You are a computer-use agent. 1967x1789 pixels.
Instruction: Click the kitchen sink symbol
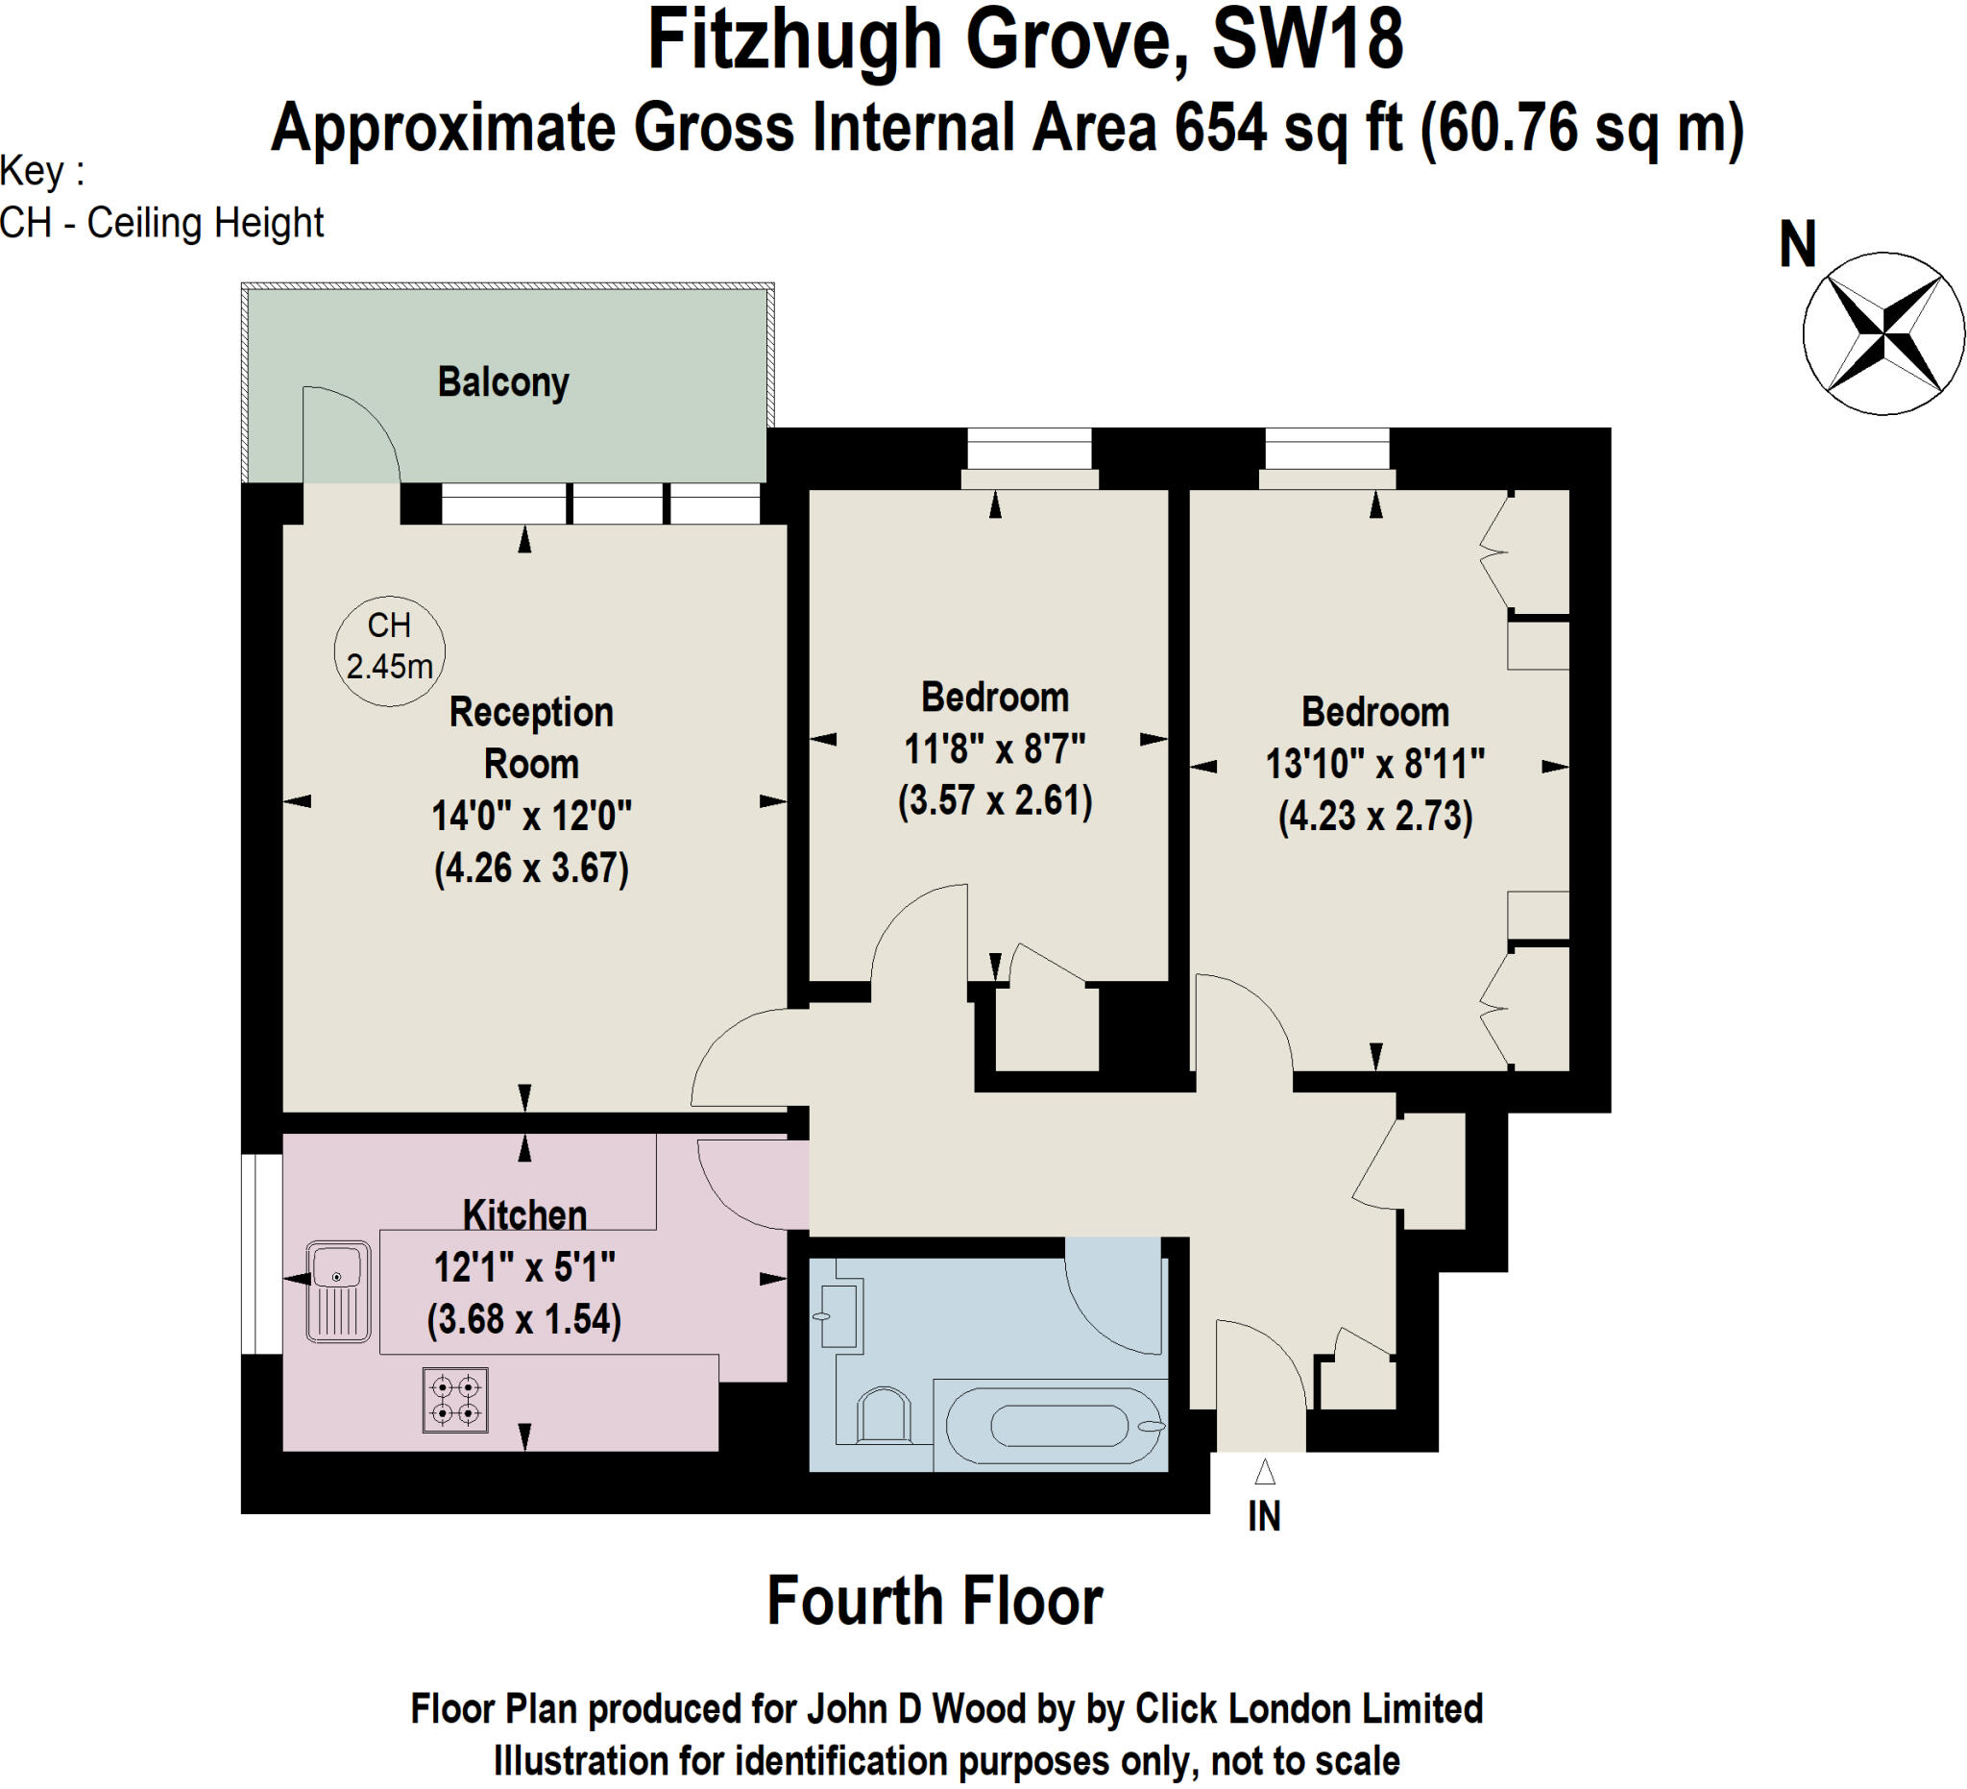[337, 1291]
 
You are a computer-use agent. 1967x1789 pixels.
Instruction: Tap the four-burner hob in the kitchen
[454, 1401]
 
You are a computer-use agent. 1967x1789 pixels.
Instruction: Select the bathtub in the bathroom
[1059, 1426]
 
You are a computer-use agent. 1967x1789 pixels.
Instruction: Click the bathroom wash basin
[839, 1315]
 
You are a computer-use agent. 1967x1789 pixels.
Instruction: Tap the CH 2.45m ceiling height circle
[389, 650]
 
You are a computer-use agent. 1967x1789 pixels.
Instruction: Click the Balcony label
[502, 381]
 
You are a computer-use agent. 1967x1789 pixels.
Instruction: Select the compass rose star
[1882, 333]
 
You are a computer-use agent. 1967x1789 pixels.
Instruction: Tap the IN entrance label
[1264, 1516]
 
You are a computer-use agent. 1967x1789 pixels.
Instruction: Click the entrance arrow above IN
[1265, 1471]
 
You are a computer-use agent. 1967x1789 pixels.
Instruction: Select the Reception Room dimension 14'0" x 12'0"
[531, 815]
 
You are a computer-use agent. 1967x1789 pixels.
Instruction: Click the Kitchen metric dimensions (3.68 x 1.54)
[524, 1318]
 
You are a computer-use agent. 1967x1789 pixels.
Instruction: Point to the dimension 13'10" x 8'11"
[1374, 763]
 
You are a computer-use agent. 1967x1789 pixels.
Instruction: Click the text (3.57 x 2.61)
[994, 800]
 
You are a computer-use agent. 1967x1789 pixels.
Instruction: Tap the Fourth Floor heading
[934, 1601]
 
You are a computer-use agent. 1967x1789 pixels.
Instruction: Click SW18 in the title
[1306, 41]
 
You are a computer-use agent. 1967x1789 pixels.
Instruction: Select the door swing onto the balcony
[352, 434]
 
